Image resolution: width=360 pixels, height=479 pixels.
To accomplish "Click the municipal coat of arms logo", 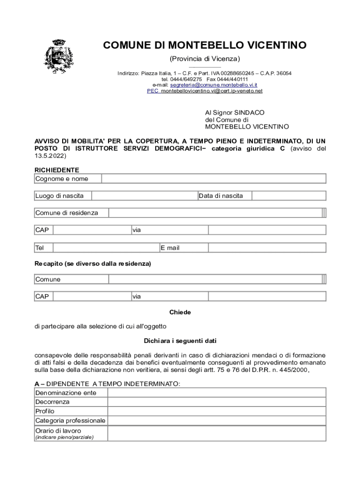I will [58, 57].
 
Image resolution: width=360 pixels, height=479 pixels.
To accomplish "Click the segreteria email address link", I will [214, 85].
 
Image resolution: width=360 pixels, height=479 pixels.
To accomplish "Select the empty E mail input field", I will [255, 247].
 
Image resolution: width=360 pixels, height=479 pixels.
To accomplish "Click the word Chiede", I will [180, 312].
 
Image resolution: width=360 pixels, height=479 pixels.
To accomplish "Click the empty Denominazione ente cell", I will [217, 393].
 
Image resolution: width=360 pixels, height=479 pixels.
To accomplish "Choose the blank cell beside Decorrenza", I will [217, 402].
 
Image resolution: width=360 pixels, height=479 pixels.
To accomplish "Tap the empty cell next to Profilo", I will [217, 412].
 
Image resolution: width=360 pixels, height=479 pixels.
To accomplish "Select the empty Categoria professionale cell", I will [217, 421].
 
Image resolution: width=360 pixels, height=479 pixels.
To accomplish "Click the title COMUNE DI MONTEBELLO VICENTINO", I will [205, 45].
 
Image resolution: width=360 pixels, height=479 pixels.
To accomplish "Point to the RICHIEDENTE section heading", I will [57, 170].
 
